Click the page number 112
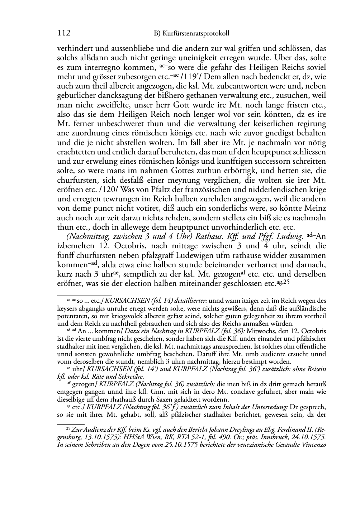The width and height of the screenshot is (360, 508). pyautogui.click(x=63, y=33)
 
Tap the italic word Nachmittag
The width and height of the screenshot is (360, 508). pyautogui.click(x=77, y=237)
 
